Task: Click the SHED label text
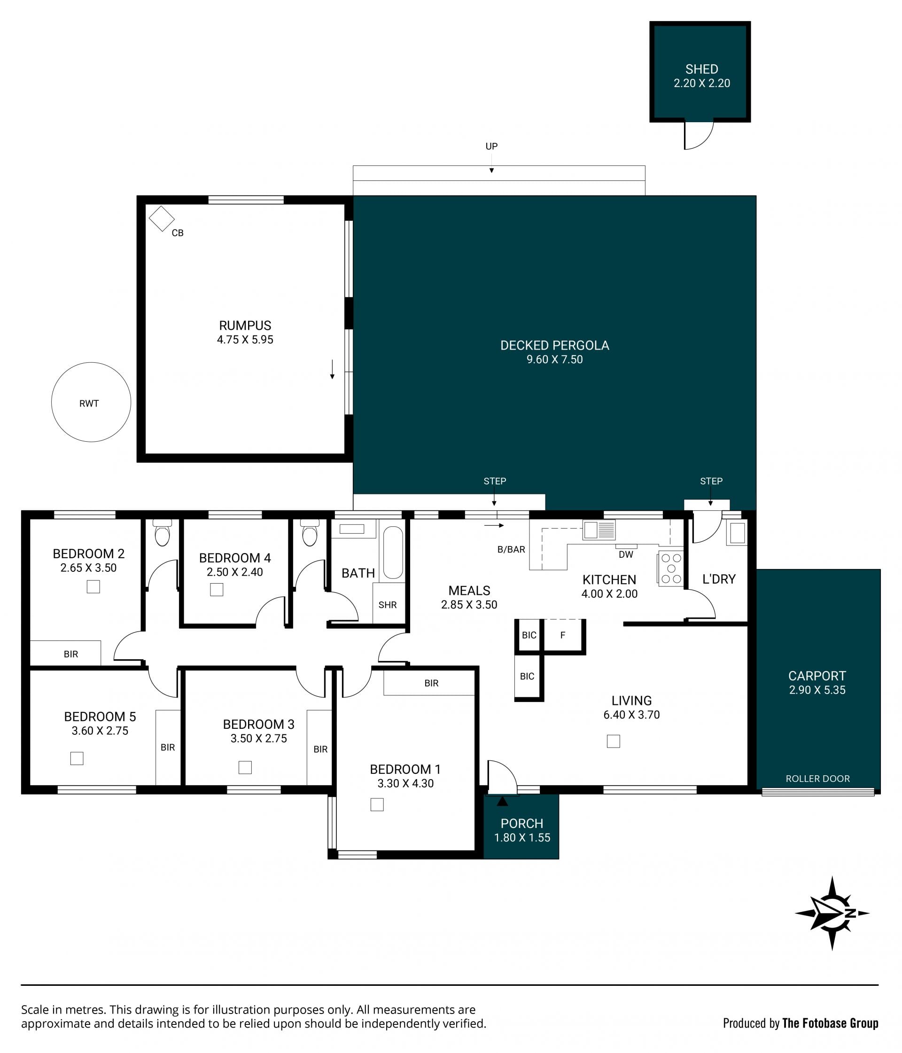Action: [701, 69]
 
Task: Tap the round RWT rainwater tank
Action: [91, 402]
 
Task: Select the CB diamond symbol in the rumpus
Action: [162, 218]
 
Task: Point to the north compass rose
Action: [832, 913]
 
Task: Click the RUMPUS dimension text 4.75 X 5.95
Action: [245, 339]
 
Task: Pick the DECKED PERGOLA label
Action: [554, 345]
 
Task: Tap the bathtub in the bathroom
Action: [393, 553]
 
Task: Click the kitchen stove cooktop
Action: [671, 569]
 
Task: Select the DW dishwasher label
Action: [626, 554]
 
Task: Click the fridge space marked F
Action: [563, 635]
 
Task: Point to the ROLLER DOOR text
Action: [817, 779]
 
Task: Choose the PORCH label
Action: [522, 824]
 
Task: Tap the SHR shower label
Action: [388, 605]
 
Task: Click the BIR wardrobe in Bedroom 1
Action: [429, 683]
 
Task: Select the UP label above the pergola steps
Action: [491, 146]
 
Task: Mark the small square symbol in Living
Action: [614, 741]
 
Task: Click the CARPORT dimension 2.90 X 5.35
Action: [817, 690]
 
